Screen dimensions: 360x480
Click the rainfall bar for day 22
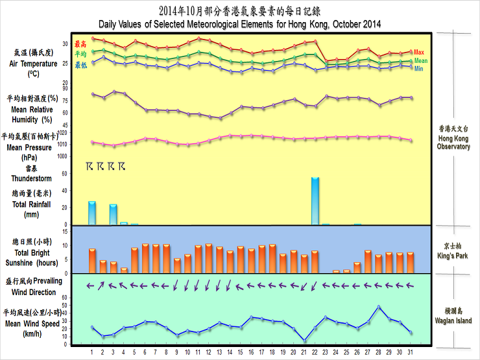pos(315,201)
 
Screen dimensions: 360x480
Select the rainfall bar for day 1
pos(92,213)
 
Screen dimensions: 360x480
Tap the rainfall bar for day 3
pos(114,214)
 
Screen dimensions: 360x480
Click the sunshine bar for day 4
pos(124,269)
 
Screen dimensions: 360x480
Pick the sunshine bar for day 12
pos(209,258)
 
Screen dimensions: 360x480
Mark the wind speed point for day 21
pos(305,340)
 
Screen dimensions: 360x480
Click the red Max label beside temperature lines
pos(419,52)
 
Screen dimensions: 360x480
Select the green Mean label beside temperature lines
pos(421,60)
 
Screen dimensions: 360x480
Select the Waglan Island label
pos(454,317)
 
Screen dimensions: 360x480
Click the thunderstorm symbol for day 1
pos(90,167)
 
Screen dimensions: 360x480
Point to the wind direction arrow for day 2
pos(102,285)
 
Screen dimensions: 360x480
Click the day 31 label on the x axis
pos(410,352)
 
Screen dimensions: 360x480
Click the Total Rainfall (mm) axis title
pos(26,208)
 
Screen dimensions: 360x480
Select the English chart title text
pos(239,24)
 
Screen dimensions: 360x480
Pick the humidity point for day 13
pos(220,118)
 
